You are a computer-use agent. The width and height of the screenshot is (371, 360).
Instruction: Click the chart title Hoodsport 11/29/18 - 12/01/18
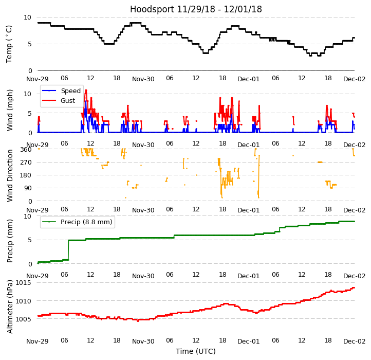[196, 9]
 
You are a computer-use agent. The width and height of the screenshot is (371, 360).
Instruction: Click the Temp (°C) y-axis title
[9, 44]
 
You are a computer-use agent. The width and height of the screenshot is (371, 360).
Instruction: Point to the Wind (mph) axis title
[10, 110]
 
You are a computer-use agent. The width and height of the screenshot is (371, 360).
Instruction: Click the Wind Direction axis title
[10, 175]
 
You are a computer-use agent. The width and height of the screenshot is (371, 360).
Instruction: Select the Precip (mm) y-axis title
[10, 241]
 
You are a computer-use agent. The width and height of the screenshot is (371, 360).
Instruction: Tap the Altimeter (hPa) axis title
[10, 306]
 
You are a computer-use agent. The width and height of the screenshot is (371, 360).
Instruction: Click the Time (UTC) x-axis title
[196, 352]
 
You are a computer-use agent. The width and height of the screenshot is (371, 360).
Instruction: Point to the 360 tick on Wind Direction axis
[26, 150]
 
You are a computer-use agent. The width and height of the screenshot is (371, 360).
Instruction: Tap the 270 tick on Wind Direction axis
[26, 163]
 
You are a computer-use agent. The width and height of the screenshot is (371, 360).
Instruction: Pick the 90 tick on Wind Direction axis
[28, 189]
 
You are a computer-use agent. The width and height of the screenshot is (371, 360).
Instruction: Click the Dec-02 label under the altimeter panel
[355, 341]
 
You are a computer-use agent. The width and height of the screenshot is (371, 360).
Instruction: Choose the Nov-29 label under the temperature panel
[38, 79]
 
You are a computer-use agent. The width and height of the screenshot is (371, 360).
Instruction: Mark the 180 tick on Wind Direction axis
[26, 175]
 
